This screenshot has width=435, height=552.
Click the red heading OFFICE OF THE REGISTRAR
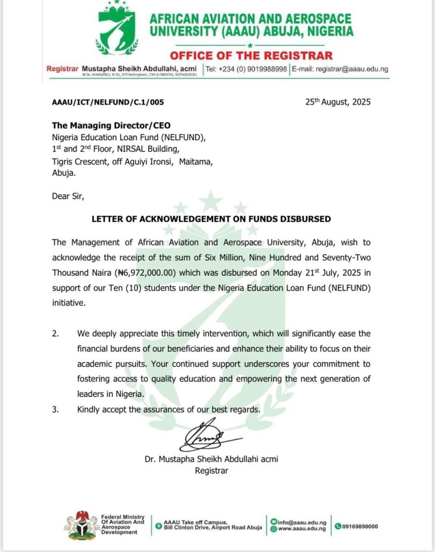[251, 56]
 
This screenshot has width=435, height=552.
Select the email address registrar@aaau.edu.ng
[352, 69]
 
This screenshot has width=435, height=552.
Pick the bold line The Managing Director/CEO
[111, 126]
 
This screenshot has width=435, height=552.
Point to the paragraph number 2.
[55, 334]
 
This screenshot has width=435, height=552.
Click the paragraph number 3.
[55, 410]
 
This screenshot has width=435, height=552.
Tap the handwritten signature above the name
[207, 437]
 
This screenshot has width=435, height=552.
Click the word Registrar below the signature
[211, 471]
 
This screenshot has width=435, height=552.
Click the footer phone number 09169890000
[360, 526]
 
